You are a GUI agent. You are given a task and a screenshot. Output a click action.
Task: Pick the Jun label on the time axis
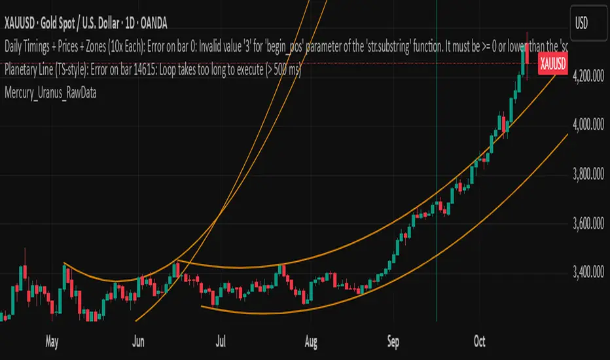(138, 340)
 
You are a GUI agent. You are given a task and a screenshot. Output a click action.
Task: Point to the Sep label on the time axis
(393, 340)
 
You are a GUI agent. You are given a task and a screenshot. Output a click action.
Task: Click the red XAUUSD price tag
(552, 63)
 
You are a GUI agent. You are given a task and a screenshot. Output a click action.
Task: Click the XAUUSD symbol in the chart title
(24, 24)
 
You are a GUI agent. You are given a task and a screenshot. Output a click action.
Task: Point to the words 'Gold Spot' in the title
(69, 24)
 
